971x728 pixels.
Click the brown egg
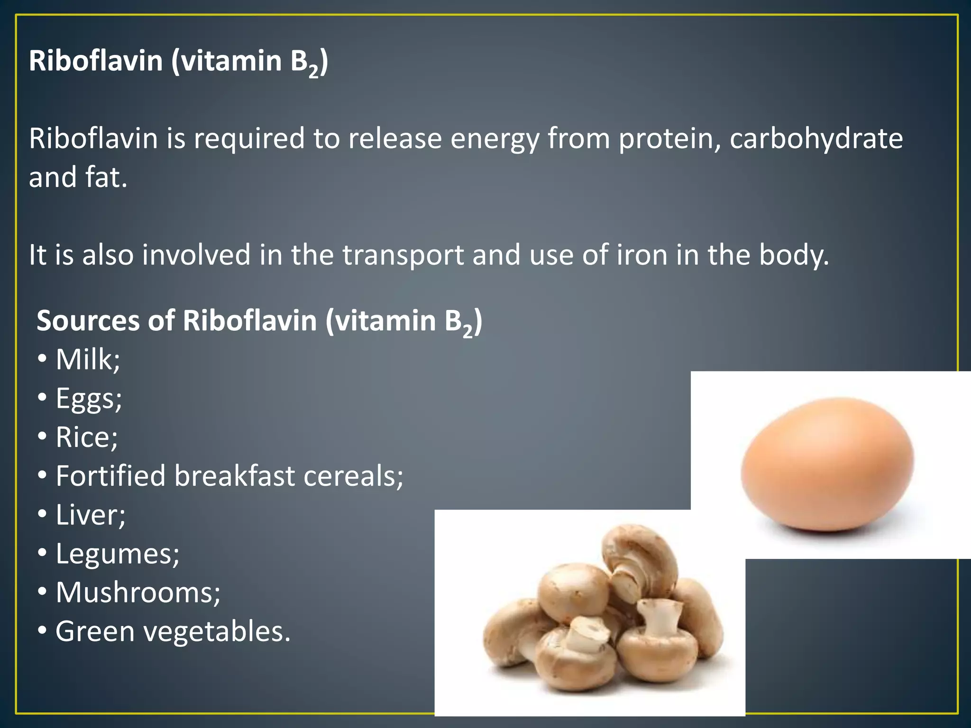[x=827, y=464]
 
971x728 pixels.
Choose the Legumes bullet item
[x=116, y=554]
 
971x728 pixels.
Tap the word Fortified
[x=110, y=476]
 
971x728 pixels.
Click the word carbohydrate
[x=816, y=138]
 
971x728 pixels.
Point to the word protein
[x=669, y=139]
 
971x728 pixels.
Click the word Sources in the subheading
[x=87, y=321]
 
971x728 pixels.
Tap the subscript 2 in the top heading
[x=313, y=72]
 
